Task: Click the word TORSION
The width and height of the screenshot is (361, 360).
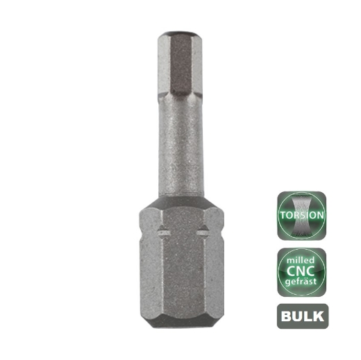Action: pyautogui.click(x=301, y=215)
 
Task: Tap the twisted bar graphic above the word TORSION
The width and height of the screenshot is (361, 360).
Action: pyautogui.click(x=301, y=201)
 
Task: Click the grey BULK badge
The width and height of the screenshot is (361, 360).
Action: pyautogui.click(x=301, y=317)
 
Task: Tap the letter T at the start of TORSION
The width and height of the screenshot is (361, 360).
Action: pyautogui.click(x=283, y=215)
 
